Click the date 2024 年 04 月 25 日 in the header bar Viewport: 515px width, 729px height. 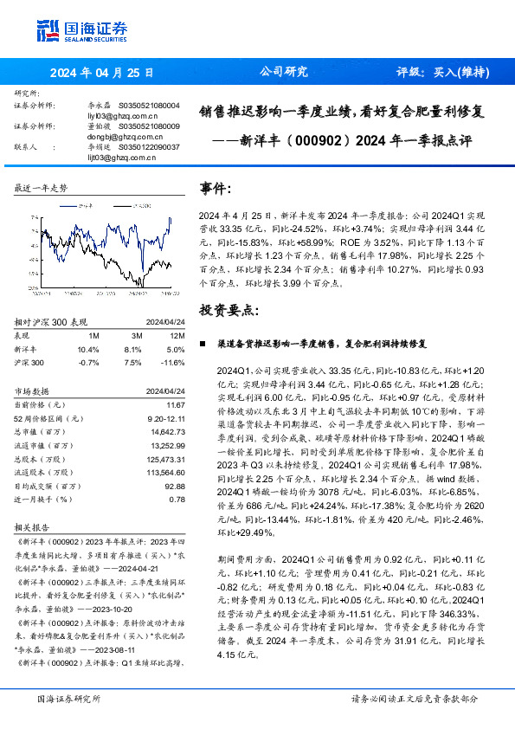101,73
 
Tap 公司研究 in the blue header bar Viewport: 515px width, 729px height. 284,72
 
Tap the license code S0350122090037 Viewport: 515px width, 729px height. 150,147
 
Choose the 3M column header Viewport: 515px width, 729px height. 135,334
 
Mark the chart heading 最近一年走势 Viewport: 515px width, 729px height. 41,188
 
